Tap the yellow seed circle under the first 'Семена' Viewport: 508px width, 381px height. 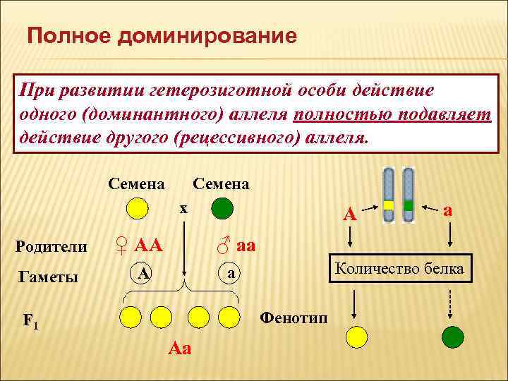click(x=137, y=209)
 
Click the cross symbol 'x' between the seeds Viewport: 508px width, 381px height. click(x=183, y=208)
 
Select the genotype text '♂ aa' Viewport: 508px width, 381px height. click(x=236, y=246)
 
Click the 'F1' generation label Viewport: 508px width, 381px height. click(x=30, y=321)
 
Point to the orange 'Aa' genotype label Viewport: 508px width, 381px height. click(x=181, y=349)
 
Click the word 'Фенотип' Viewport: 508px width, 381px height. click(x=294, y=315)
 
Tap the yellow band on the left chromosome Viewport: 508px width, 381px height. click(x=388, y=205)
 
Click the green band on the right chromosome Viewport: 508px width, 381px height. click(x=409, y=205)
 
